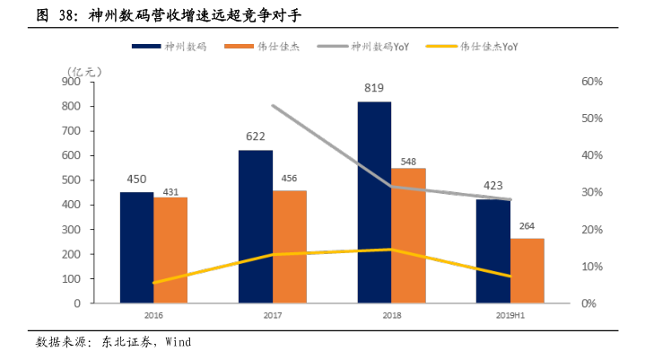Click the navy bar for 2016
point(136,248)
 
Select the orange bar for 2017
point(289,247)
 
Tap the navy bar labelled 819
point(374,203)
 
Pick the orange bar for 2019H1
point(527,270)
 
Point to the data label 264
point(527,225)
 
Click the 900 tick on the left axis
point(71,82)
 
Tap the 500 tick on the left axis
point(71,180)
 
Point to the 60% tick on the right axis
point(591,82)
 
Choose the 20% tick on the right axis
point(591,230)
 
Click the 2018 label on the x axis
point(390,316)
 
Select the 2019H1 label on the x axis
point(510,316)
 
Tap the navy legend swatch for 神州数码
point(146,46)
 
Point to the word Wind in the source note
point(177,342)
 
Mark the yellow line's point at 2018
point(390,250)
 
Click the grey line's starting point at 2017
point(272,106)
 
